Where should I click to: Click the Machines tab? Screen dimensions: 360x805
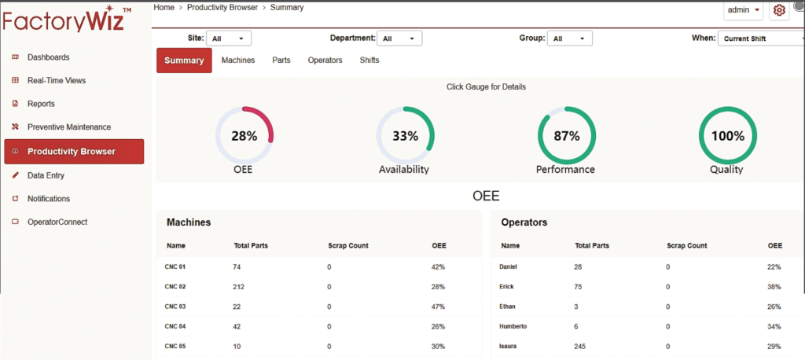[238, 61]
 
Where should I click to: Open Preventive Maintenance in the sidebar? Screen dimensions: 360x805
[68, 127]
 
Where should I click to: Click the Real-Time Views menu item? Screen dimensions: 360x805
[56, 80]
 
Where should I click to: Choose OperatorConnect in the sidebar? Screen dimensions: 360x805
[57, 222]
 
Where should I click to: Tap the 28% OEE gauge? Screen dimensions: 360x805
[244, 135]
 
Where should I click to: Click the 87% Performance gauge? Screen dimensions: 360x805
[566, 135]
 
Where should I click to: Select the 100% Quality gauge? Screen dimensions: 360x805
[727, 135]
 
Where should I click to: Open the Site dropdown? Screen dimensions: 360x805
[229, 38]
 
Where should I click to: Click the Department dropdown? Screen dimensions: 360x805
[399, 38]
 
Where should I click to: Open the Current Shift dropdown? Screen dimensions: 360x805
[760, 38]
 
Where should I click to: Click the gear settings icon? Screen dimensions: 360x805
[779, 10]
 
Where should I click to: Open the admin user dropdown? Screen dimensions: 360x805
[744, 10]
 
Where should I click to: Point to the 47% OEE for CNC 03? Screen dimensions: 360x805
[439, 307]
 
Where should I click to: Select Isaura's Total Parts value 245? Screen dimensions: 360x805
[584, 346]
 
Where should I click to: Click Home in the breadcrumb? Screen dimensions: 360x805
[164, 7]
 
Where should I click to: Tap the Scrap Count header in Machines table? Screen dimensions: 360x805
[348, 246]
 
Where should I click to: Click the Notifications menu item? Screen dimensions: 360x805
[48, 199]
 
